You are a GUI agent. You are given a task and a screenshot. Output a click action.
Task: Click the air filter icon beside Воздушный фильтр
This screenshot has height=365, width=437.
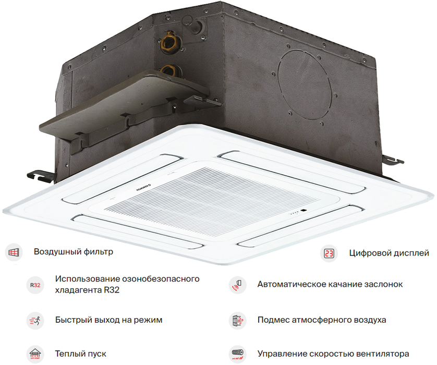14,252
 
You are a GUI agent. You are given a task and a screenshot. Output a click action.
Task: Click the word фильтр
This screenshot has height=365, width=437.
97,252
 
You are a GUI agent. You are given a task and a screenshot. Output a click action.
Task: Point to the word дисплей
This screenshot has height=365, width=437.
411,253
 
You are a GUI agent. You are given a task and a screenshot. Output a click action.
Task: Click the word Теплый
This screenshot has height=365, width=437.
70,354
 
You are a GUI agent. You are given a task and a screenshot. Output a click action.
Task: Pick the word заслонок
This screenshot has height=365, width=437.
383,285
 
